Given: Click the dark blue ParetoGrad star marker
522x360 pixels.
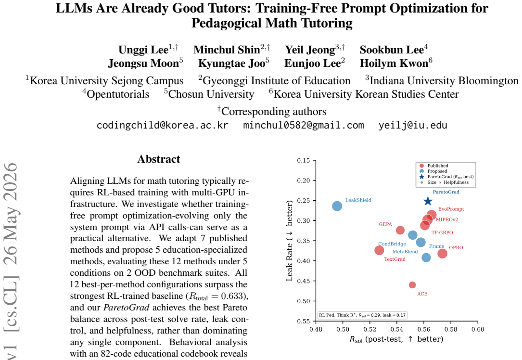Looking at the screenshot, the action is tap(428, 201).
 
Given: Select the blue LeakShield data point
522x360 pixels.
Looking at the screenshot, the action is tap(337, 206).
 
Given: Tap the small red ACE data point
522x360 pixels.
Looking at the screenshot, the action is tap(412, 285).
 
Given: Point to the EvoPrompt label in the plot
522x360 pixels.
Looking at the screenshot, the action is tap(451, 209).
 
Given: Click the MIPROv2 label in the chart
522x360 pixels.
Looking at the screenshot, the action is tap(447, 219).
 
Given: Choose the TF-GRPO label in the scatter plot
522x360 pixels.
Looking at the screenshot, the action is tap(442, 232).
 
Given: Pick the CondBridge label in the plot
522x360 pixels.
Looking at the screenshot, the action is tap(392, 244).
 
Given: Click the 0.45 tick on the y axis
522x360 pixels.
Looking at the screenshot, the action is tap(304, 281).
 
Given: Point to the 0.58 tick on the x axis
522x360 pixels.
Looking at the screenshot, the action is tap(451, 329).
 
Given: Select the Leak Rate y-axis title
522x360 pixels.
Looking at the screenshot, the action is tap(289, 241).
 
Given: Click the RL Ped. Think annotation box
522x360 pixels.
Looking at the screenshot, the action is tap(363, 315).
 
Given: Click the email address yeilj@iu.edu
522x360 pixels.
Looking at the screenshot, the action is tap(413, 125).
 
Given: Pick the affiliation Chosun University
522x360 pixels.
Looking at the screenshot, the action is tap(209, 94).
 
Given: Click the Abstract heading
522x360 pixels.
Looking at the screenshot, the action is tap(159, 159).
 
